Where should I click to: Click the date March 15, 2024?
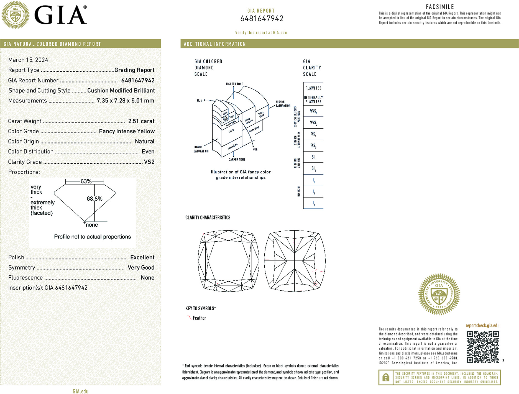point(28,60)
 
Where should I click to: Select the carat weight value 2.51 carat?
point(141,121)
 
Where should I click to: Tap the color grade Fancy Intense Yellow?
point(127,131)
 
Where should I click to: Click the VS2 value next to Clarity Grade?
point(149,162)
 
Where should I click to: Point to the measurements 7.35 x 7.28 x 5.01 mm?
point(125,101)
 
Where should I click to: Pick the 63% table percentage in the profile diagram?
point(86,181)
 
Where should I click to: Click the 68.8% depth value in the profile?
point(94,199)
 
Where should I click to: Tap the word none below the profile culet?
point(92,225)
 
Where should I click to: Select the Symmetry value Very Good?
point(141,267)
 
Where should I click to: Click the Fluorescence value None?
point(147,278)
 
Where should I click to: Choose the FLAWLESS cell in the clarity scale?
point(313,88)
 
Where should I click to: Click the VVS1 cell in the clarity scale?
point(313,111)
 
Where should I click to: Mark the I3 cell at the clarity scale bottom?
point(313,203)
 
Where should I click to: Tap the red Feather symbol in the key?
point(189,318)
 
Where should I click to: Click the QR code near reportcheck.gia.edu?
point(482,347)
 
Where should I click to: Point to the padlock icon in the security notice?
point(385,377)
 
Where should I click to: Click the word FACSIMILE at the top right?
point(440,7)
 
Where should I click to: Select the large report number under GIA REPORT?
point(262,19)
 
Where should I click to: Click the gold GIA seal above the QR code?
point(439,294)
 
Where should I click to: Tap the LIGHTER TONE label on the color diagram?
point(234,84)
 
